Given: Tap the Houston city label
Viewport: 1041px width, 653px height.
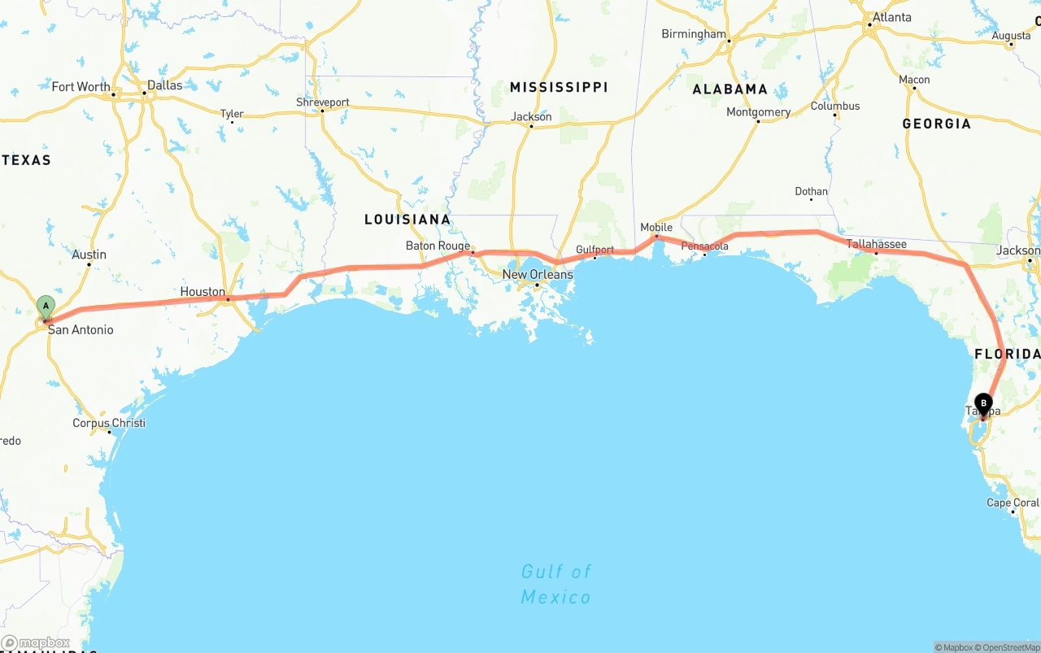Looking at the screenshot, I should (203, 291).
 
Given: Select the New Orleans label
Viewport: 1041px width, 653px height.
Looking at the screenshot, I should (537, 274).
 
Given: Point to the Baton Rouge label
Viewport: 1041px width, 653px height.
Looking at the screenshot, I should (438, 246).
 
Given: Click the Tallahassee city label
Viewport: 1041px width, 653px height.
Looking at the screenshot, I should (876, 243).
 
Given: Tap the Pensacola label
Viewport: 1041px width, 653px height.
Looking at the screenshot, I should (704, 246).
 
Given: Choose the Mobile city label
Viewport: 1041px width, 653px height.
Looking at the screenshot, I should (656, 227).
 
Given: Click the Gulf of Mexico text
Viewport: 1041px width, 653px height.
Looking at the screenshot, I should (556, 584).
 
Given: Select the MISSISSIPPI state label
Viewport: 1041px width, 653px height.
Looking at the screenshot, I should (559, 87).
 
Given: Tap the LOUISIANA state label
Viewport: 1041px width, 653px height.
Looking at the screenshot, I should (407, 220).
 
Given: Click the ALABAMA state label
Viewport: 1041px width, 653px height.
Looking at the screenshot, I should (730, 89).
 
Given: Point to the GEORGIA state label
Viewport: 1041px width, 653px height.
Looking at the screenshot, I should (936, 124).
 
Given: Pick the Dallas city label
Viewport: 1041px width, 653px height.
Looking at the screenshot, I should (165, 85).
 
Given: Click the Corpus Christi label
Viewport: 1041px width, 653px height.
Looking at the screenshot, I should (109, 423).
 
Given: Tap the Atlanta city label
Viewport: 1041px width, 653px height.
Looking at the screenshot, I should (891, 17).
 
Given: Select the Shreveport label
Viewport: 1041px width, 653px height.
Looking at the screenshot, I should (323, 102).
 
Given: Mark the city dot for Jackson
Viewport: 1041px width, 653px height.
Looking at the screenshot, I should (530, 127).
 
